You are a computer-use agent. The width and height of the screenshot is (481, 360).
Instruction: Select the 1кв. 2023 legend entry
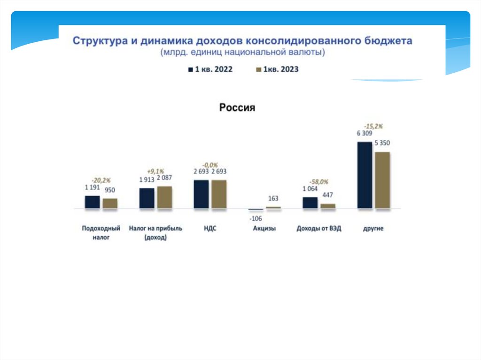[277, 69]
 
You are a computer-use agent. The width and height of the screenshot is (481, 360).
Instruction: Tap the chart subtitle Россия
[237, 108]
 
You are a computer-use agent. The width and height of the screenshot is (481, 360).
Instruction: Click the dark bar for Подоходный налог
[92, 202]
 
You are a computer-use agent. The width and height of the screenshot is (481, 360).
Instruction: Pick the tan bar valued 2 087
[164, 197]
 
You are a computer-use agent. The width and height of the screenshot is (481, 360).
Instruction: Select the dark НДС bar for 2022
[201, 194]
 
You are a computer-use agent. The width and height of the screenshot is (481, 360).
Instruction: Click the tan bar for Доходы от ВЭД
[328, 206]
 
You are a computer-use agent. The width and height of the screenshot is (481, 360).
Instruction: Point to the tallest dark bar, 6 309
[365, 175]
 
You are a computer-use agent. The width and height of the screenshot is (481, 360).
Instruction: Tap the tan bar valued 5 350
[382, 180]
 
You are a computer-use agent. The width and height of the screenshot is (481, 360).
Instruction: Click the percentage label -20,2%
[101, 180]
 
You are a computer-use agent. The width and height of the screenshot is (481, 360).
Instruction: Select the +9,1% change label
[155, 171]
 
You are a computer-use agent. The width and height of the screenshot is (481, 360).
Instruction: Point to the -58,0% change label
[319, 182]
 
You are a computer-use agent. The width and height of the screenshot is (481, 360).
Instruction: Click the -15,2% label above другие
[373, 126]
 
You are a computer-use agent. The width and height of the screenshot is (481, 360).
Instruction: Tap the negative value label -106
[256, 218]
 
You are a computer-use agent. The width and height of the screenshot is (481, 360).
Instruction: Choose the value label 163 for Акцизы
[273, 199]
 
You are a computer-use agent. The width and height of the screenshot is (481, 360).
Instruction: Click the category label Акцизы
[264, 229]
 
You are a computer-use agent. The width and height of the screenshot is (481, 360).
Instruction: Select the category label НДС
[210, 229]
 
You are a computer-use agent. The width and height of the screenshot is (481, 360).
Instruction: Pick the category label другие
[373, 229]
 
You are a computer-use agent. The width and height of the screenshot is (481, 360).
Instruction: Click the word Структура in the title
[99, 41]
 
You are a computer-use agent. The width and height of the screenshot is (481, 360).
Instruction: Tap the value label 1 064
[310, 189]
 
